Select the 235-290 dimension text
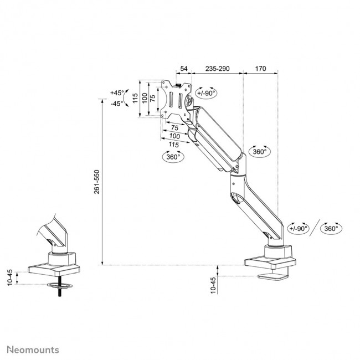(217, 69)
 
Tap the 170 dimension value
(261, 69)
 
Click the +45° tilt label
(117, 92)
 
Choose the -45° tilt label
(117, 103)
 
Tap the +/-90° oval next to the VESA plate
(206, 93)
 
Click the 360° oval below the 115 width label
(173, 157)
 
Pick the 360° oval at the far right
(331, 228)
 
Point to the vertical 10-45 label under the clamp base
(214, 286)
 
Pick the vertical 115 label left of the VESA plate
(135, 99)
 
